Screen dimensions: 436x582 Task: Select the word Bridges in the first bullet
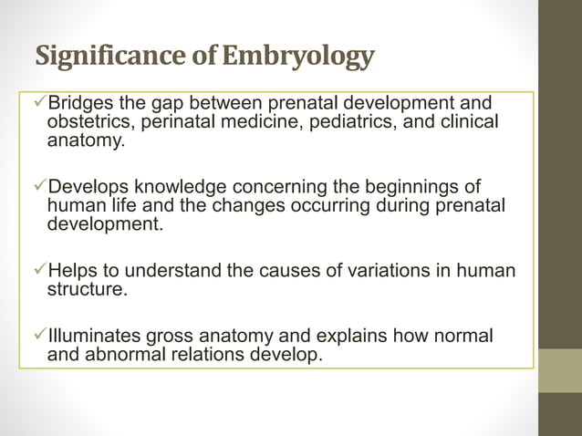83,103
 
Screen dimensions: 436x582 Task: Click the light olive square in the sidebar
560,370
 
